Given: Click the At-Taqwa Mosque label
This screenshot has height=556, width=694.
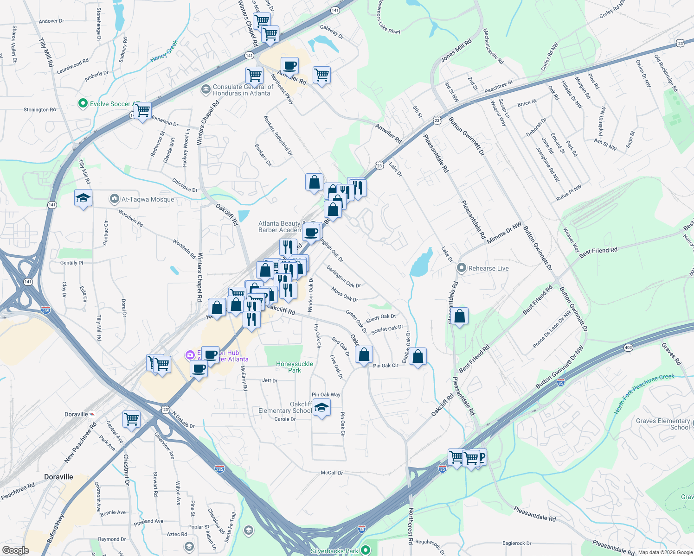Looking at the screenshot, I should pos(148,199).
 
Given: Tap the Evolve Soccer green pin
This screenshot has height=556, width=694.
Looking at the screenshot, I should pos(83,103).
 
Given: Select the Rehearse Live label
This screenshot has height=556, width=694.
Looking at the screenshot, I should pos(488,268).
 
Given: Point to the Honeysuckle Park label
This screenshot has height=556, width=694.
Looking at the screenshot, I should pos(295,367).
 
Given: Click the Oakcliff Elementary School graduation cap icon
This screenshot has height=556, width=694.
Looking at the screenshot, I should pos(321,408).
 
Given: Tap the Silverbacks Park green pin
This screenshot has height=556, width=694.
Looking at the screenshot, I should pos(366,550).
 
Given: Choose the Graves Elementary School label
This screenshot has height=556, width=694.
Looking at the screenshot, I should pos(663,424).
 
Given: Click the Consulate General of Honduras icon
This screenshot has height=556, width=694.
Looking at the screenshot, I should pos(206,89).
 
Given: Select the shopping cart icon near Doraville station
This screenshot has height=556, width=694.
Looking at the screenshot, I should pos(132,419).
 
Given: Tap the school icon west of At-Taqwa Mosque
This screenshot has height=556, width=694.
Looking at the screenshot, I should pos(83,198).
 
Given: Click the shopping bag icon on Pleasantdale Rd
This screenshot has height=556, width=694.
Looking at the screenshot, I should pos(460,317).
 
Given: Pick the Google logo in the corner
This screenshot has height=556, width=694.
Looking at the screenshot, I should pos(15,550).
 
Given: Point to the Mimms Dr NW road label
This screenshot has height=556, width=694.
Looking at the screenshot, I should pos(504,233).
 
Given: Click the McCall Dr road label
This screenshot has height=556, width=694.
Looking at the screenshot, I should pos(332,473).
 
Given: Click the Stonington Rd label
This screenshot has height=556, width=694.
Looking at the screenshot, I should pos(39,110).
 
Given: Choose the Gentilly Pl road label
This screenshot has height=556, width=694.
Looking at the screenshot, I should pos(71,263).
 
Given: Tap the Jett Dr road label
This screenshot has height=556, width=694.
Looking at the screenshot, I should pos(270,380).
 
